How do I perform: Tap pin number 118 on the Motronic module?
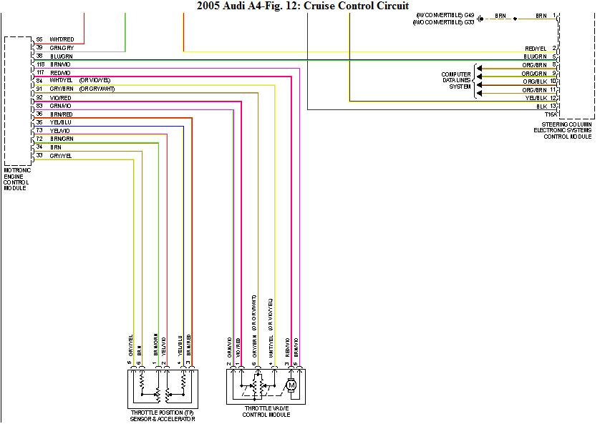click(40, 64)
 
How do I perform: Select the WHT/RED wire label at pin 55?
click(61, 39)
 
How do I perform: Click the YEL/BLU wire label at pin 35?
click(61, 122)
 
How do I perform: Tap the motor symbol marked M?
click(291, 386)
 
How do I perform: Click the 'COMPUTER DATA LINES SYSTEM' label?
click(456, 80)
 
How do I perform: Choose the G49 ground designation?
click(468, 14)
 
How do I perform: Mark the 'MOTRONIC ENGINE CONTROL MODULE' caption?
click(17, 179)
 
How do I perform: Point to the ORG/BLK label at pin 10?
click(535, 82)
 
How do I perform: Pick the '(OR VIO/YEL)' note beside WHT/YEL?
click(95, 80)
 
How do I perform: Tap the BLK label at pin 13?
click(541, 106)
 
